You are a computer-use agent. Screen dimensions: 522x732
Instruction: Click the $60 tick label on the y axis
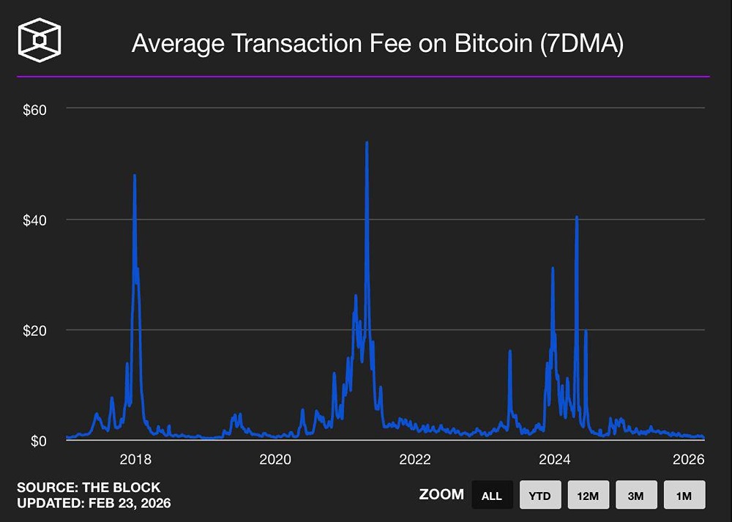point(35,110)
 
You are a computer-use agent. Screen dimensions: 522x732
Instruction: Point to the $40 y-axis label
point(35,220)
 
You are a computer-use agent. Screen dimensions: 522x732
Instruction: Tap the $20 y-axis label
point(35,330)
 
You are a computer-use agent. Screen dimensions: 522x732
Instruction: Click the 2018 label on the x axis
point(135,460)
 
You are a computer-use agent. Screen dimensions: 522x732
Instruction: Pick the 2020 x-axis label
point(275,460)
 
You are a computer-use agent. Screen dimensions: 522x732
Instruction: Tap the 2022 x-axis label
point(415,460)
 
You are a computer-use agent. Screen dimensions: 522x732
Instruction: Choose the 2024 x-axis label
point(555,460)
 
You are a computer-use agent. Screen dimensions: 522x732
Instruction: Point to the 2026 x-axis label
point(688,460)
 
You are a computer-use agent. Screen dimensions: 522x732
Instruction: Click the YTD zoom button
point(539,495)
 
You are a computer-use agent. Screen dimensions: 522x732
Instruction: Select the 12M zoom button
point(588,495)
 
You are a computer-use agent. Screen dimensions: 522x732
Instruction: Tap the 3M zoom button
point(636,495)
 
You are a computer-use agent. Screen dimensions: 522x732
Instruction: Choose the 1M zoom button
point(684,495)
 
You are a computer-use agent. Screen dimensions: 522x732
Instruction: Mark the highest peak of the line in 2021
point(367,143)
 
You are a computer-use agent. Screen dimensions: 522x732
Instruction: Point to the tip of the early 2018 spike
point(135,175)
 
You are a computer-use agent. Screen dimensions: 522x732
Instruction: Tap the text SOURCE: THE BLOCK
point(89,488)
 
